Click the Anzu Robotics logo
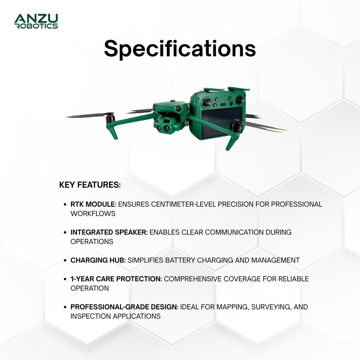pyautogui.click(x=36, y=21)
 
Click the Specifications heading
pyautogui.click(x=180, y=49)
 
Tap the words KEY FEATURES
pyautogui.click(x=90, y=185)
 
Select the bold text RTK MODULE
pyautogui.click(x=93, y=204)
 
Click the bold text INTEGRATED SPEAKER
pyautogui.click(x=109, y=232)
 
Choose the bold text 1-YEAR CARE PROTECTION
pyautogui.click(x=116, y=279)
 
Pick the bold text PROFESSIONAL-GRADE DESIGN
pyautogui.click(x=124, y=307)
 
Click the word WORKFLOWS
pyautogui.click(x=93, y=214)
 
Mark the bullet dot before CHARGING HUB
pyautogui.click(x=65, y=261)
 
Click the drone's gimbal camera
pyautogui.click(x=167, y=125)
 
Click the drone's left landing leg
pyautogui.click(x=113, y=132)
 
